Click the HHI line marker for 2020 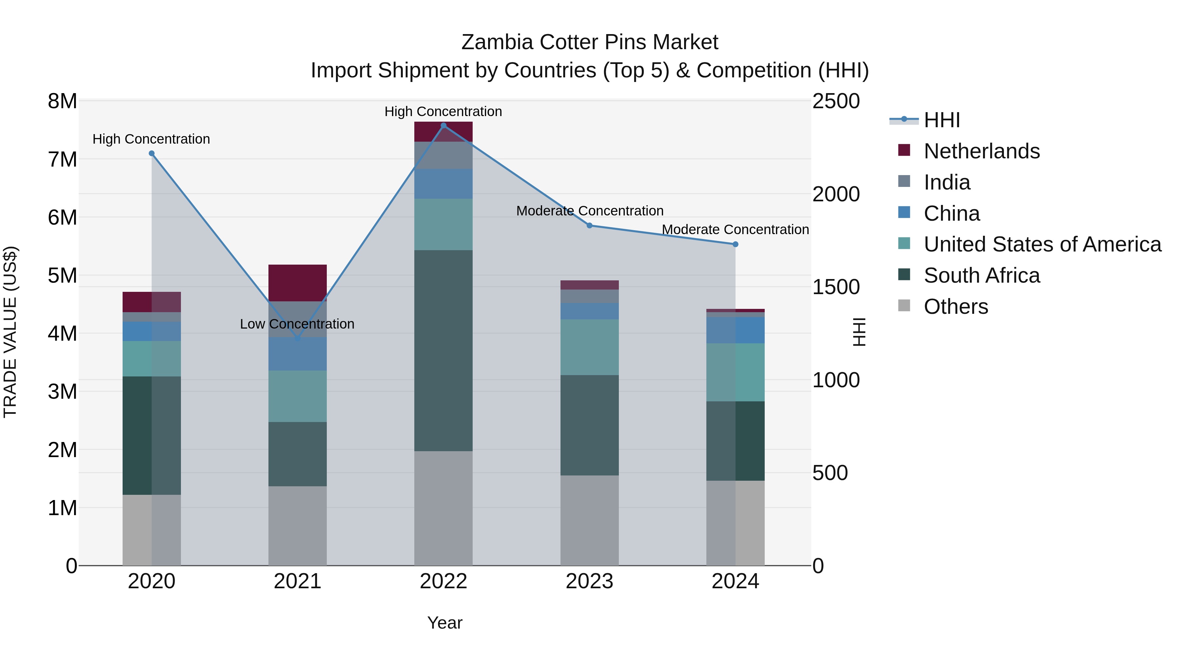[152, 153]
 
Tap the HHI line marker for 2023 [590, 226]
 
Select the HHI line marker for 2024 [735, 244]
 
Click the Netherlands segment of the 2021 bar [297, 283]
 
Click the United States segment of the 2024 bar [735, 372]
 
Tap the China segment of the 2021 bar [297, 354]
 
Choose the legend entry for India [946, 182]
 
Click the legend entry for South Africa [981, 275]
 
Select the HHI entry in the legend [941, 120]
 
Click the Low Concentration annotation [297, 324]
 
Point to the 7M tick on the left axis [62, 159]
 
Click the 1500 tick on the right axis [836, 287]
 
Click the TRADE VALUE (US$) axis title [10, 332]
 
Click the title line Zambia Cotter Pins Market [590, 42]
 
